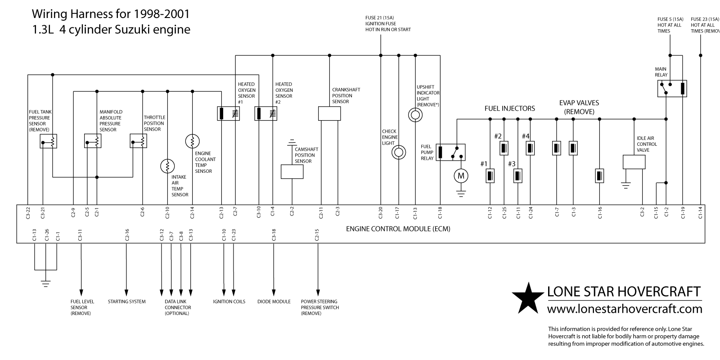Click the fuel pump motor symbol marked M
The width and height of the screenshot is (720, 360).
tap(460, 176)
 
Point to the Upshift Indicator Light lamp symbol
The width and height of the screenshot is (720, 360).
tap(415, 115)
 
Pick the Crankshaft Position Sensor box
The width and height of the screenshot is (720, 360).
tap(329, 113)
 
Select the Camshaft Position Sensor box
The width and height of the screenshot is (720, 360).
tap(292, 171)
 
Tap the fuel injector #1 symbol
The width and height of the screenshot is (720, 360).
tap(490, 175)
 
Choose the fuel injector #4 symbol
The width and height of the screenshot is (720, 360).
tap(531, 148)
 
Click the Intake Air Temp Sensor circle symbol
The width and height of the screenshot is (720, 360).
tap(167, 166)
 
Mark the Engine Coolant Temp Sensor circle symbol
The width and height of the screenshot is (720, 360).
tap(193, 141)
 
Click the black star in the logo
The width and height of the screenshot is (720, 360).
tap(528, 297)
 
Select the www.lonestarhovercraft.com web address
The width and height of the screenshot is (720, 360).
tap(624, 309)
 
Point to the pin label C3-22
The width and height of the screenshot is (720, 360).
tap(28, 212)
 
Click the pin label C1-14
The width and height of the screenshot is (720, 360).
tap(700, 212)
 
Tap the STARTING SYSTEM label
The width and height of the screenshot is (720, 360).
tap(126, 301)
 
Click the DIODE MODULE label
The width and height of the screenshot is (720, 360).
tap(274, 301)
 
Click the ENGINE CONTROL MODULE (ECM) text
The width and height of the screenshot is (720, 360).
tap(398, 229)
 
